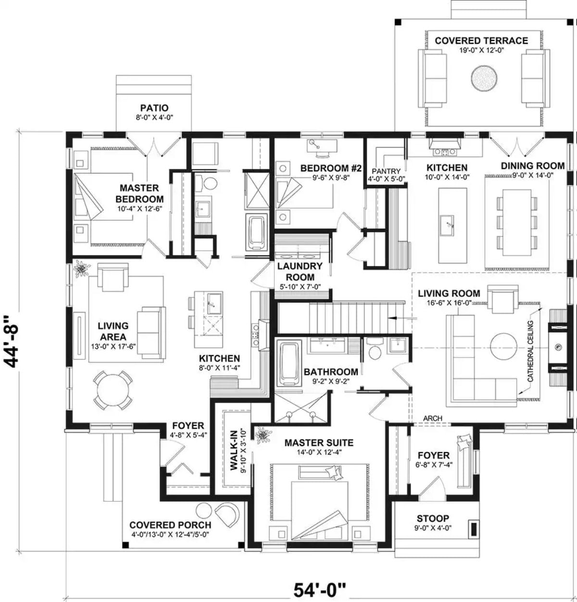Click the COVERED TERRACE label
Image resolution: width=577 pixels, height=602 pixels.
coord(481,41)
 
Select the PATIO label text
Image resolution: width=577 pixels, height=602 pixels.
coord(154,108)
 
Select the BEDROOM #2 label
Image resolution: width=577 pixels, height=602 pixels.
coord(331,168)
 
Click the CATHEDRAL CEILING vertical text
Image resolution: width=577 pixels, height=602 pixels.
coord(531,352)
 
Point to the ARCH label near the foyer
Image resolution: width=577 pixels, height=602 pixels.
coord(433,419)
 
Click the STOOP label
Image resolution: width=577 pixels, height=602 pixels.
coord(433,518)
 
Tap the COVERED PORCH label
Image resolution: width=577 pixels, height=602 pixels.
coord(170,525)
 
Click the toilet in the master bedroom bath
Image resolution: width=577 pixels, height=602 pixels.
coord(208,183)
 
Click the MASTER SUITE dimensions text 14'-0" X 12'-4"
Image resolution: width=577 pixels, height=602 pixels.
coord(319,452)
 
